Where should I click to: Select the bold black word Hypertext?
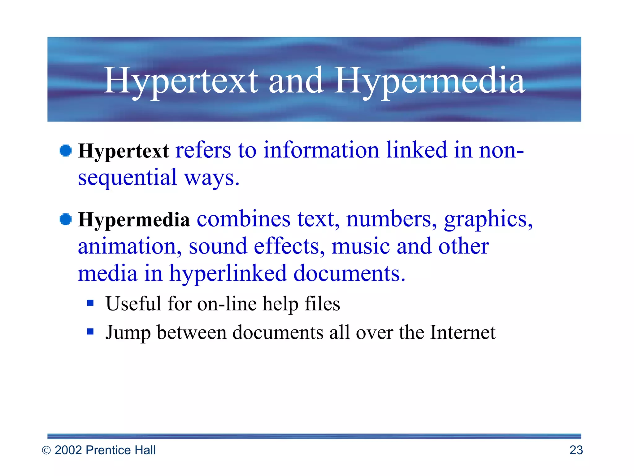[x=123, y=151]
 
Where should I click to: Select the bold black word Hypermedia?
[x=134, y=220]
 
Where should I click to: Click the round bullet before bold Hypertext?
[x=66, y=151]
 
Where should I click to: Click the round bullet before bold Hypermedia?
[x=66, y=220]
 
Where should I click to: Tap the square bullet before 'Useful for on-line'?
[x=90, y=303]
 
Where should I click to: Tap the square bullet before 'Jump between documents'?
[x=90, y=332]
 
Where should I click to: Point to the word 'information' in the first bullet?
[x=321, y=150]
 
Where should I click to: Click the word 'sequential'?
[x=127, y=178]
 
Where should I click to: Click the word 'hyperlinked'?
[x=228, y=274]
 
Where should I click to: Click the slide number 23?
[x=576, y=450]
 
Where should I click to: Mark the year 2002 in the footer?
[x=68, y=450]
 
